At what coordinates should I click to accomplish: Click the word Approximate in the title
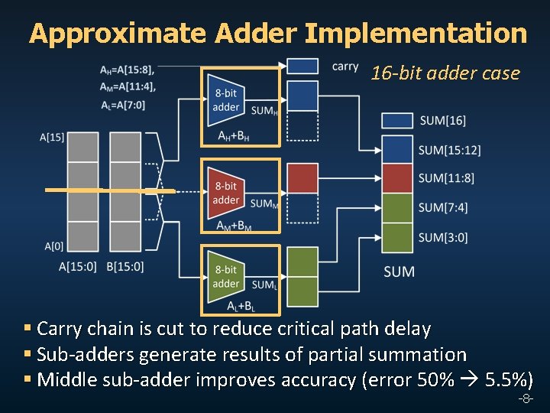coord(118,34)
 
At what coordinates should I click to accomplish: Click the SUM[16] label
coord(442,120)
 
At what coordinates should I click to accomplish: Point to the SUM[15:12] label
coord(449,150)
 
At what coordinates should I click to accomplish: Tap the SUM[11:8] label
coord(446,178)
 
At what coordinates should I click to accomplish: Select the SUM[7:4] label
coord(443,207)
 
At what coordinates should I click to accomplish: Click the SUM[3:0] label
coord(443,237)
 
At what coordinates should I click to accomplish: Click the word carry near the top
coord(345,66)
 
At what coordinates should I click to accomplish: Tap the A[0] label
coord(53,246)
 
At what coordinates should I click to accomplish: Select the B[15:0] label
coord(125,267)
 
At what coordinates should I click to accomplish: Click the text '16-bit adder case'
coord(445,74)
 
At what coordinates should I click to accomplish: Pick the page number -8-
coord(525,400)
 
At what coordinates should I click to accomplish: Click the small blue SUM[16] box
coord(396,120)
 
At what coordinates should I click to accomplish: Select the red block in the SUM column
coord(396,178)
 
